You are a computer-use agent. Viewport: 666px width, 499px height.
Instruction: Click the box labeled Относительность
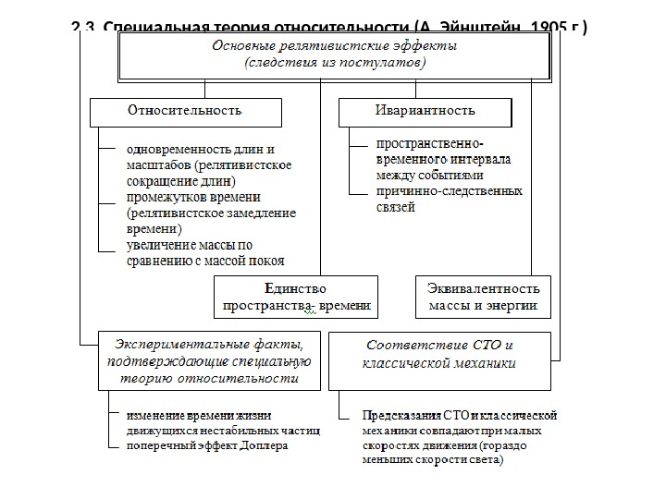pyautogui.click(x=185, y=111)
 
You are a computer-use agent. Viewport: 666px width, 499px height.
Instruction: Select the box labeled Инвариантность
pyautogui.click(x=425, y=111)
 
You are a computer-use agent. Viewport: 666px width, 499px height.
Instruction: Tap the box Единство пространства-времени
pyautogui.click(x=296, y=296)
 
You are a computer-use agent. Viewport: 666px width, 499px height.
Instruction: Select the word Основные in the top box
pyautogui.click(x=241, y=47)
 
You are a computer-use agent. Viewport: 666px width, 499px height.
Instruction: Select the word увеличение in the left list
pyautogui.click(x=160, y=245)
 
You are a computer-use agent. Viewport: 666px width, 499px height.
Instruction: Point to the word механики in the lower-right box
pyautogui.click(x=485, y=363)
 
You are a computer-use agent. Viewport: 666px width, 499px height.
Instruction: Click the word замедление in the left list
pyautogui.click(x=264, y=213)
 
